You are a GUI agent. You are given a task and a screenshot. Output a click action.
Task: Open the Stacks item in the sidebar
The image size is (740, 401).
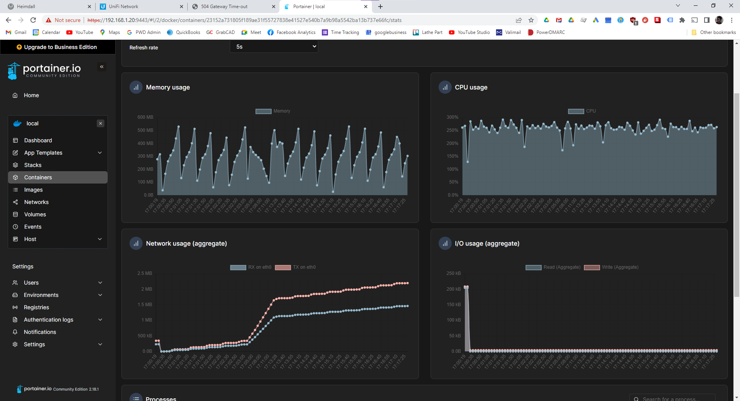click(x=33, y=165)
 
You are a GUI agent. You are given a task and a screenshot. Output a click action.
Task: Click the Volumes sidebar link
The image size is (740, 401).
click(x=35, y=214)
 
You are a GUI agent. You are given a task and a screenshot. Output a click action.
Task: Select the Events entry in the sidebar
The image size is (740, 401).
click(x=33, y=227)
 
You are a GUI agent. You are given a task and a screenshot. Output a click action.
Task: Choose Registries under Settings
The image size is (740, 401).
click(x=36, y=307)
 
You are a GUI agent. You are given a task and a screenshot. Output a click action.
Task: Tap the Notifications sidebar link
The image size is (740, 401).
click(x=40, y=332)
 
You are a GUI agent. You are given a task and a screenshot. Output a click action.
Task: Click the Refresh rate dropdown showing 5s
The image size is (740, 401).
click(x=274, y=47)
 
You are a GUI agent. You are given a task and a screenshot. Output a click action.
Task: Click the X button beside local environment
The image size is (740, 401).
click(x=101, y=123)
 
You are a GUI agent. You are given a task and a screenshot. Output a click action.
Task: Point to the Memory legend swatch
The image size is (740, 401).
click(x=264, y=111)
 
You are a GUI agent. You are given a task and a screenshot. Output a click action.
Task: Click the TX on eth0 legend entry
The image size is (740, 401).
click(x=296, y=267)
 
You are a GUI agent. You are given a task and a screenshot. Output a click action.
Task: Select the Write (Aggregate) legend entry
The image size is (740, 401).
click(x=611, y=267)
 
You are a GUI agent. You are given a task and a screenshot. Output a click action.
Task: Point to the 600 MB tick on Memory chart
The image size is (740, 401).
click(x=145, y=117)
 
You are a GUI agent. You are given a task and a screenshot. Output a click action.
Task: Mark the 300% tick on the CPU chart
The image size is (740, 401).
click(x=452, y=117)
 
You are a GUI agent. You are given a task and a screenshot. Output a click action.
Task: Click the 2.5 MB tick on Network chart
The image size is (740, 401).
click(x=145, y=273)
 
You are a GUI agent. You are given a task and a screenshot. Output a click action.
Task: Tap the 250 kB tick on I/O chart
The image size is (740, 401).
click(x=454, y=273)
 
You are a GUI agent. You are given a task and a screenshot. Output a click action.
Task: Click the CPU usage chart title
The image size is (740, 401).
click(x=471, y=88)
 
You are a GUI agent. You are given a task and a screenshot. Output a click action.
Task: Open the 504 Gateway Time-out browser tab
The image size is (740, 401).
click(x=224, y=7)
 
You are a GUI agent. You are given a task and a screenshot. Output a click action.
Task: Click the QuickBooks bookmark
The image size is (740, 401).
click(x=184, y=32)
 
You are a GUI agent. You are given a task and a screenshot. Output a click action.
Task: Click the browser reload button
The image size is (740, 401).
click(x=33, y=20)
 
